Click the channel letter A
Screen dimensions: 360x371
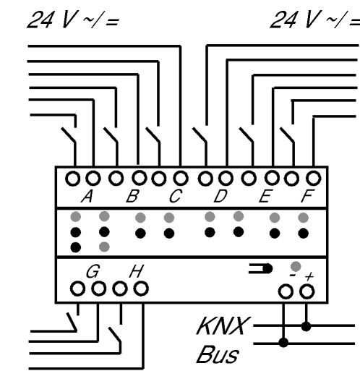(87, 196)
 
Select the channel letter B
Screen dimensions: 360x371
(133, 196)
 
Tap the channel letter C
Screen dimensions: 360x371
(176, 196)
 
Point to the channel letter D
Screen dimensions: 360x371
(220, 196)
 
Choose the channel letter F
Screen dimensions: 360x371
(308, 196)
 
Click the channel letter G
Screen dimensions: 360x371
(93, 271)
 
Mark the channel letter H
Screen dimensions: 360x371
(137, 271)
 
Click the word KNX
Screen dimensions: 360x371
(223, 326)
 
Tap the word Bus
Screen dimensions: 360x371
(218, 354)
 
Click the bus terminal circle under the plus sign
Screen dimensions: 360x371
(307, 291)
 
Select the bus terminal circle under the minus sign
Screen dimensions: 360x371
(286, 292)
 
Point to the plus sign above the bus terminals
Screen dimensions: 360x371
(309, 276)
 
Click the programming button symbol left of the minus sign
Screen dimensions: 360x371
(260, 268)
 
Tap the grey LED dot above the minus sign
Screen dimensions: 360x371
(296, 266)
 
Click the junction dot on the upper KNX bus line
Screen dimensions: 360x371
(306, 326)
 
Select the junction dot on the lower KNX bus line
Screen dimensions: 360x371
(283, 342)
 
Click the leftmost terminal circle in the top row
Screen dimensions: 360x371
(73, 179)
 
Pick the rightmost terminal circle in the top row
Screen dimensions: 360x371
(313, 179)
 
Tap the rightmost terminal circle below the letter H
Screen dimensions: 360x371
(141, 289)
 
